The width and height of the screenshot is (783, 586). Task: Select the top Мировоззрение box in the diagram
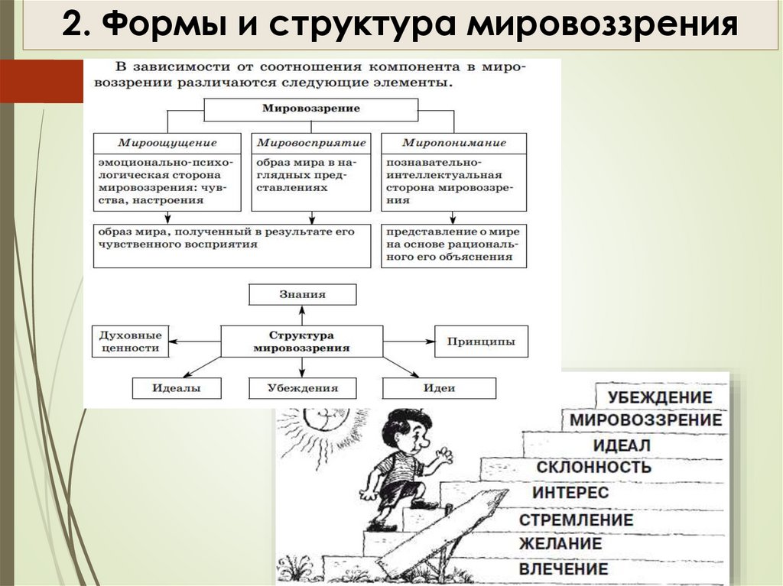click(x=310, y=108)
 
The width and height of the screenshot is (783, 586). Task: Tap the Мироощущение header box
click(x=167, y=143)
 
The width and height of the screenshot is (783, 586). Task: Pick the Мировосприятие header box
click(x=310, y=143)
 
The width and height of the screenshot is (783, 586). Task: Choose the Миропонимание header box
click(x=453, y=143)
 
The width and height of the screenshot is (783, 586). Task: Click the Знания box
click(x=303, y=294)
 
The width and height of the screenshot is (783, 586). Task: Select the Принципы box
click(x=480, y=341)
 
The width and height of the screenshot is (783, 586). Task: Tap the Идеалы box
click(x=176, y=388)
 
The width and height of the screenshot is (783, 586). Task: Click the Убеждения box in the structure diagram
click(x=303, y=388)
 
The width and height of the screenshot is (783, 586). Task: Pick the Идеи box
click(x=439, y=388)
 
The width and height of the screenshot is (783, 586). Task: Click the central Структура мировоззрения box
click(x=302, y=341)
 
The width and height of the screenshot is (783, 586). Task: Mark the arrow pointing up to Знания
click(x=303, y=315)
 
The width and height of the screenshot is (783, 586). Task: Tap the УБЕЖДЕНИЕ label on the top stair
click(x=660, y=397)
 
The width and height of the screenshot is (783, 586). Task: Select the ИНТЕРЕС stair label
click(x=570, y=492)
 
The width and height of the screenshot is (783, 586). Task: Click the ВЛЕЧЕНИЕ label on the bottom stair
click(x=564, y=569)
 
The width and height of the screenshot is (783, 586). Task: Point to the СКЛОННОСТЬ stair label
click(x=593, y=467)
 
